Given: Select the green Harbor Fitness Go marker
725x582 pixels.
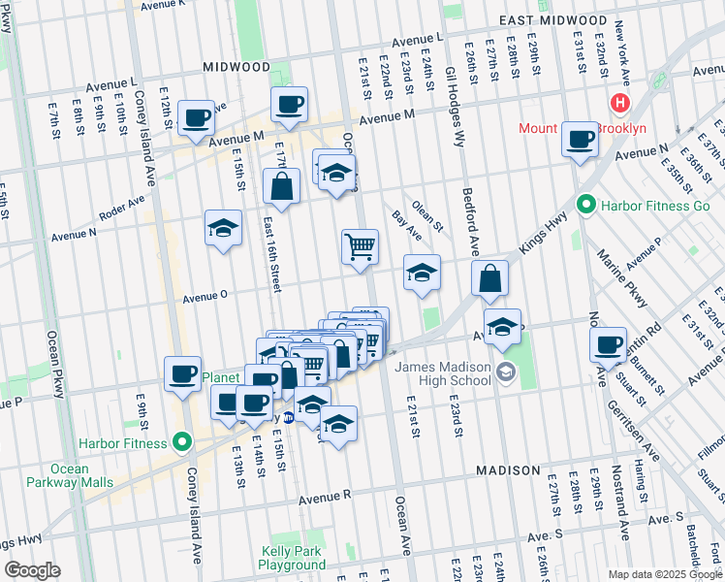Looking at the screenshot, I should point(585,205).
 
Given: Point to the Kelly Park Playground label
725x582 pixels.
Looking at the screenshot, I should point(294,558).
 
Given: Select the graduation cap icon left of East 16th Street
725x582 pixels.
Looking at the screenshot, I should point(223,228).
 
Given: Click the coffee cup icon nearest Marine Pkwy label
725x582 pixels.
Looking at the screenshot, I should point(609,344).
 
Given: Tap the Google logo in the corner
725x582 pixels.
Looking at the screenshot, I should point(32,570).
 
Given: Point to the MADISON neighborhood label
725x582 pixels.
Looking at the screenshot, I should point(508,470).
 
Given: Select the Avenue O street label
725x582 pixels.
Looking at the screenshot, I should point(205,294).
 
